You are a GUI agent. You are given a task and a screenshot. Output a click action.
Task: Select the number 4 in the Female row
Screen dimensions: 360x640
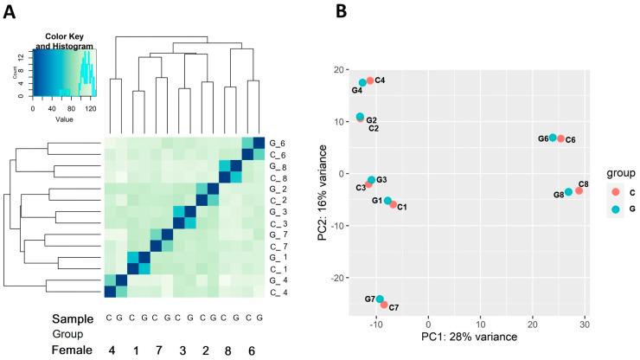(x=112, y=351)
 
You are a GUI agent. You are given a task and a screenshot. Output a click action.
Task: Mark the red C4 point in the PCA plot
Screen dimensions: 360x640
(x=370, y=80)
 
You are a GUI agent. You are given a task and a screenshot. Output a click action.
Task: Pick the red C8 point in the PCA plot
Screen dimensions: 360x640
(x=579, y=190)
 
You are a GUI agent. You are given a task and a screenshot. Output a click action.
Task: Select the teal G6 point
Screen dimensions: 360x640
(x=553, y=138)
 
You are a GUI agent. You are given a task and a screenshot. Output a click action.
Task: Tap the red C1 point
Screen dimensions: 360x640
(x=394, y=204)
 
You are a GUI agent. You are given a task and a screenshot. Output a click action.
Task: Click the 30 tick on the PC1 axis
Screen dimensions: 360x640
(x=585, y=323)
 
